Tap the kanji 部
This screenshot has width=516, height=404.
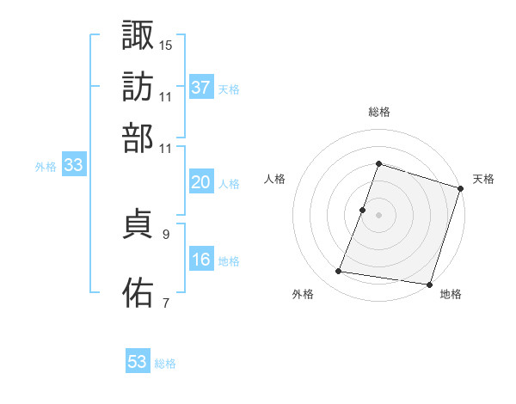(138, 138)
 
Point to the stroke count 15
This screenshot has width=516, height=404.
(166, 44)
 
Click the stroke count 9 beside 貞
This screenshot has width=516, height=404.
(166, 234)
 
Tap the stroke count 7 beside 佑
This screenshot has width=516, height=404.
(166, 302)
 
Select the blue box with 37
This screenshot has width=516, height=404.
(201, 88)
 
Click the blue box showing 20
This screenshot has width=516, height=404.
(201, 183)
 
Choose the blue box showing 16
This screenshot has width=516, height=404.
(201, 260)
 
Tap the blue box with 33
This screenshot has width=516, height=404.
(73, 166)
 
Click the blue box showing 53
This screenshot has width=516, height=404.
(138, 362)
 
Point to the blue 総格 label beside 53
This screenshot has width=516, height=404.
(165, 364)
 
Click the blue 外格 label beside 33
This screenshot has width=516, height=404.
(46, 167)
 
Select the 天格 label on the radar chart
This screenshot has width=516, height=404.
(483, 179)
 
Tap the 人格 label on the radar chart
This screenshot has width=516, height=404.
(275, 179)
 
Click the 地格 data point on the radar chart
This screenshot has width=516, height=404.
(429, 284)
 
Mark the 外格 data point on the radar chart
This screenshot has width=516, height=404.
(339, 272)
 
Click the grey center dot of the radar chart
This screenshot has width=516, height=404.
(378, 214)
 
